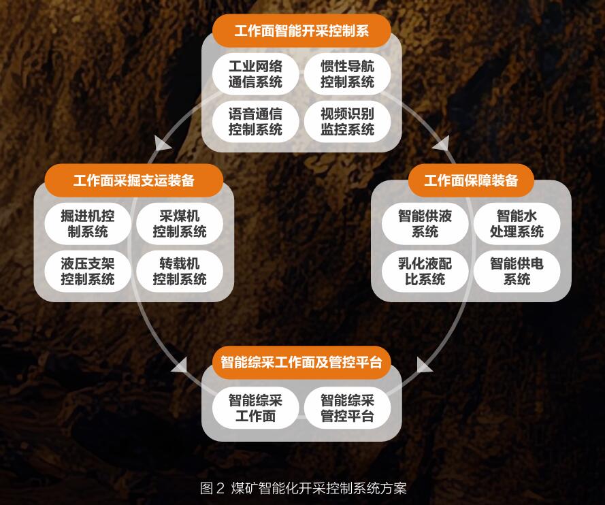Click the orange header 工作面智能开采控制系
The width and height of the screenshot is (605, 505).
pyautogui.click(x=301, y=31)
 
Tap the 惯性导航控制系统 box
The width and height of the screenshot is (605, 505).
pyautogui.click(x=347, y=74)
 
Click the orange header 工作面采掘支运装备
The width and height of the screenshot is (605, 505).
pyautogui.click(x=134, y=180)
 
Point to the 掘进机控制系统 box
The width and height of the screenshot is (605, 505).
pyautogui.click(x=88, y=224)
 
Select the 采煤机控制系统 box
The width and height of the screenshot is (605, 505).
pyautogui.click(x=180, y=224)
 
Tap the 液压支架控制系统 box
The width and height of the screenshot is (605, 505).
pyautogui.click(x=88, y=271)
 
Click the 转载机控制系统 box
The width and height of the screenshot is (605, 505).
pyautogui.click(x=180, y=271)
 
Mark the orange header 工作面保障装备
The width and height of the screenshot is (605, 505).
pyautogui.click(x=471, y=180)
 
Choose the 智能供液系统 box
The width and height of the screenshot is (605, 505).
pyautogui.click(x=425, y=224)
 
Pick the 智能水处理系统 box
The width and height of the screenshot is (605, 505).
pyautogui.click(x=517, y=224)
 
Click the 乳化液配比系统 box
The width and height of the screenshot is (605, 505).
pyautogui.click(x=425, y=271)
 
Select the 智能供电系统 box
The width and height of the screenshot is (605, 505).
pyautogui.click(x=517, y=271)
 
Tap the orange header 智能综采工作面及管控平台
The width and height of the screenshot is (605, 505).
pyautogui.click(x=301, y=361)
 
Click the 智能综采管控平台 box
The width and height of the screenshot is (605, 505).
pyautogui.click(x=347, y=408)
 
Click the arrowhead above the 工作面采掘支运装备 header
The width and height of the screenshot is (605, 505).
pyautogui.click(x=163, y=143)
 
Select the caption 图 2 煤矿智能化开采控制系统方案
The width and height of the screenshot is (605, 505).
pyautogui.click(x=303, y=488)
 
